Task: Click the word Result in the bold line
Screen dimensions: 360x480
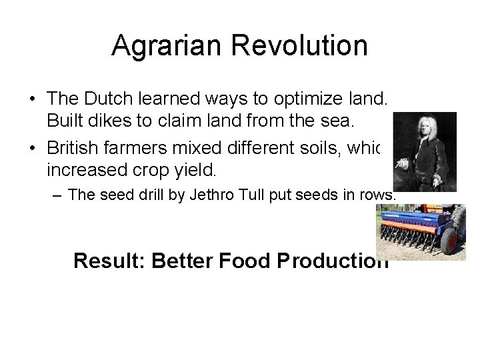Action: (x=109, y=260)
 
